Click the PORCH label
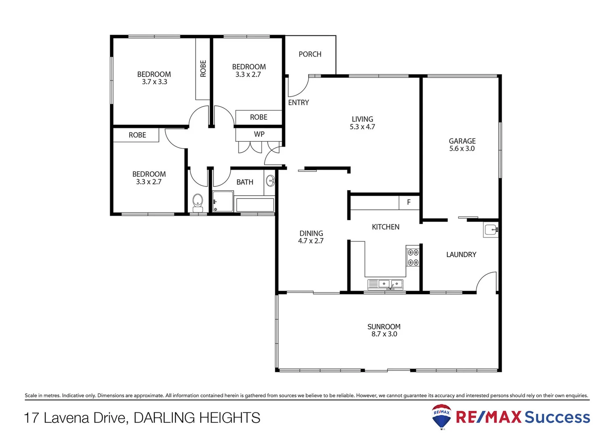[310, 54]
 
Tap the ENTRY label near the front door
[298, 103]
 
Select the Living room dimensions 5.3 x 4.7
[362, 127]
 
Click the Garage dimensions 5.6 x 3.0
[462, 149]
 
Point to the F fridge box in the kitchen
[409, 202]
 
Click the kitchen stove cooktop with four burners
[413, 257]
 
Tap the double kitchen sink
[385, 284]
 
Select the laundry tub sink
[491, 230]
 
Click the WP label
[259, 134]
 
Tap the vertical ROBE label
[203, 68]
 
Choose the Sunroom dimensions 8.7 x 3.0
[384, 334]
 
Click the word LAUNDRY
[461, 255]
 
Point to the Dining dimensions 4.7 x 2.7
[310, 241]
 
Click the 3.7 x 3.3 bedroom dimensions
[154, 82]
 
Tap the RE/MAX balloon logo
[441, 416]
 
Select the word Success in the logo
[557, 417]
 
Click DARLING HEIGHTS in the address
[197, 418]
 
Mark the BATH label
[245, 182]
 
